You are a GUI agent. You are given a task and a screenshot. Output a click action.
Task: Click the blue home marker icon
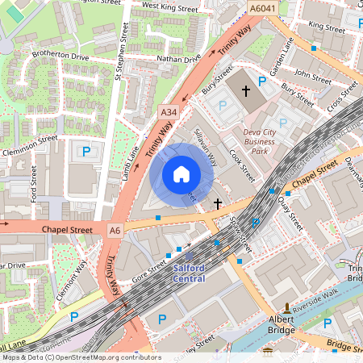coord(181,173)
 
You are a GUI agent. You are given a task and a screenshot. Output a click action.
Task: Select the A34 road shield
coord(169,111)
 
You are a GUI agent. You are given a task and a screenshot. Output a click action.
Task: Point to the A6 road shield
coord(115,231)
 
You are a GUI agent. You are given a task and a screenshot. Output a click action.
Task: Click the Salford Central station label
coord(189,273)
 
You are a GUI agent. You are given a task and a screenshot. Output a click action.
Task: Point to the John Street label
coord(313,76)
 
